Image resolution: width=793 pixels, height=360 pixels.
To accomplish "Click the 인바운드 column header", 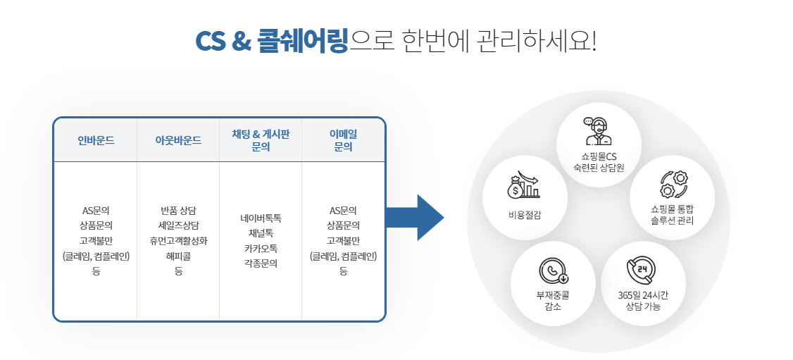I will (96, 140).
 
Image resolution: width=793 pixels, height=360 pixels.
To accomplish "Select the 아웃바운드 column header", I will (178, 140).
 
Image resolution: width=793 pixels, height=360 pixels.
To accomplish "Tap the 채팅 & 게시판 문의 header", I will (261, 140).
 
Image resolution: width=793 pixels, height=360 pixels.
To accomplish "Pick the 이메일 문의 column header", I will (343, 140).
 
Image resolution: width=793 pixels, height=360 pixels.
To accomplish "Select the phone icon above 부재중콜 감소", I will (553, 271).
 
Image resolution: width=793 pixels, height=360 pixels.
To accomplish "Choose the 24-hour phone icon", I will (641, 271).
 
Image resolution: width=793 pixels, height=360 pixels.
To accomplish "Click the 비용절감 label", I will (525, 214).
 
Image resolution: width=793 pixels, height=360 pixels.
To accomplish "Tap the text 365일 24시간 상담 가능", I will (642, 301).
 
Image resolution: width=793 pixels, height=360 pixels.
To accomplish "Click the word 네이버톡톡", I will (261, 218).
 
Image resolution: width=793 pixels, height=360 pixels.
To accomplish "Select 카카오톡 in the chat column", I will (261, 249).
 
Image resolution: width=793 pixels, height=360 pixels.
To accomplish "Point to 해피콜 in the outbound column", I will (178, 256).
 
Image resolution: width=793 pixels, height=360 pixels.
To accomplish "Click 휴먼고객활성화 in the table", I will (178, 241).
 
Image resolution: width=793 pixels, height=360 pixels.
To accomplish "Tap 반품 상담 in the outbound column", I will (178, 211).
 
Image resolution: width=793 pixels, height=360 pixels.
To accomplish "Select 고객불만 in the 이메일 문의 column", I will (343, 241).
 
